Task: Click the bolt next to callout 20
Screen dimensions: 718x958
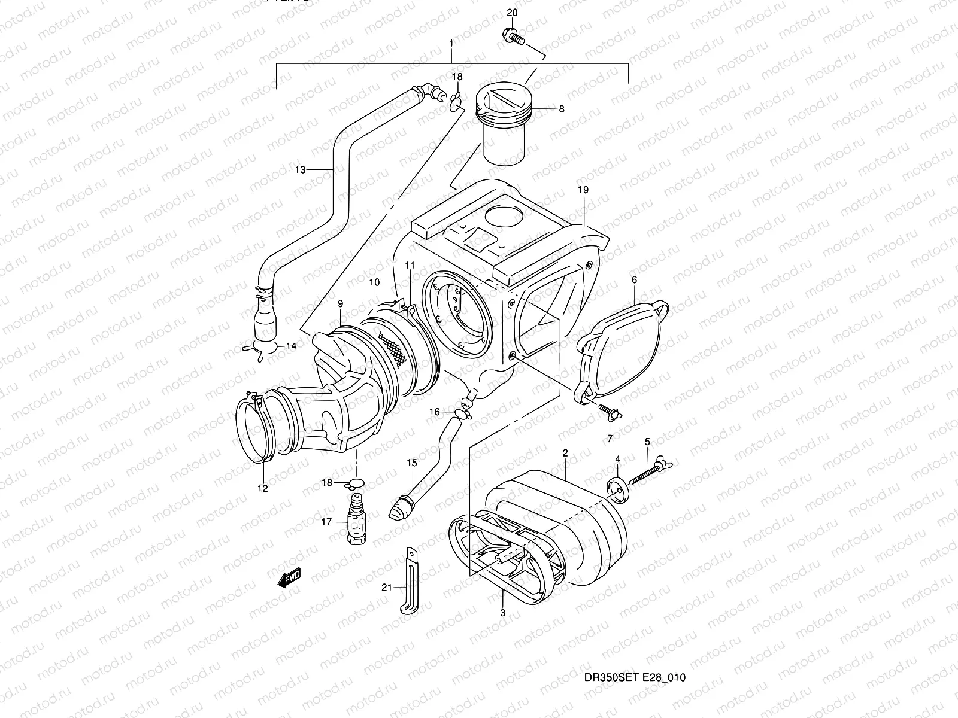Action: pos(513,36)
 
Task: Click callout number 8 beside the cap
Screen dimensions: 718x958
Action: pos(562,109)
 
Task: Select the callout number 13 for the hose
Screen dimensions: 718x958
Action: pos(300,170)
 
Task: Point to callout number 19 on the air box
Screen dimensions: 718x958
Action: pos(584,190)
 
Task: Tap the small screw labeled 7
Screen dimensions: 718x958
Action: pos(610,412)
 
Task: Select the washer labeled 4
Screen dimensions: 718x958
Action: pos(617,486)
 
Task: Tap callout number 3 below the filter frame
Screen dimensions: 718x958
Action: pos(502,613)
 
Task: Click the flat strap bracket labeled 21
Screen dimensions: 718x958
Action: pos(408,580)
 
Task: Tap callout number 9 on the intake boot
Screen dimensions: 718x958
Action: pos(340,304)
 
